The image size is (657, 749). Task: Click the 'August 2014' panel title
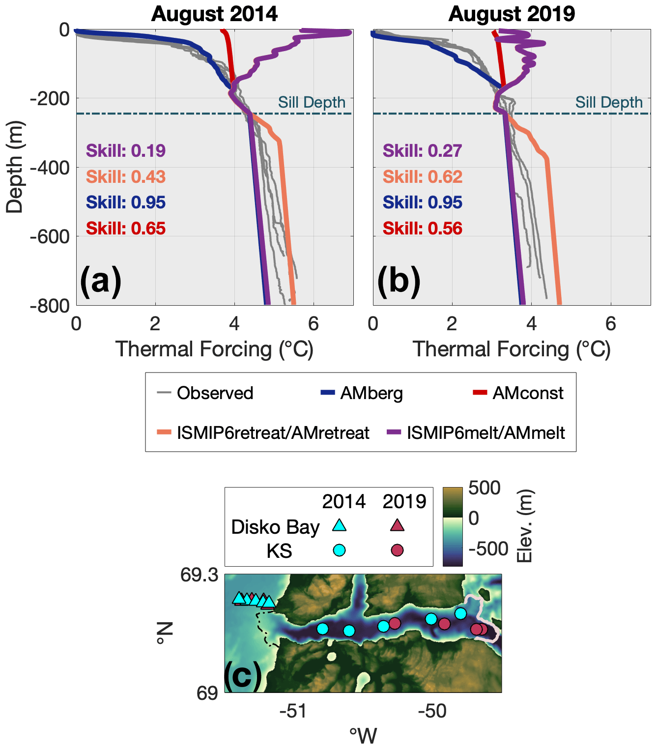click(214, 14)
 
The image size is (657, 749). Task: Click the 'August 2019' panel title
click(512, 14)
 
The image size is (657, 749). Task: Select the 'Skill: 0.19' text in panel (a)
click(126, 151)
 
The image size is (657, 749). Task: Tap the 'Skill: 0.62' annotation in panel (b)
click(423, 176)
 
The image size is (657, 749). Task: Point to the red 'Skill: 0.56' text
click(423, 229)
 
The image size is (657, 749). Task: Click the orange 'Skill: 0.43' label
click(126, 176)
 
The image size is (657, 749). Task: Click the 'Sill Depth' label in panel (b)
click(609, 102)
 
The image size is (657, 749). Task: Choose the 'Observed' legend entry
click(215, 393)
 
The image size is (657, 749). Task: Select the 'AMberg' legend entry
click(371, 393)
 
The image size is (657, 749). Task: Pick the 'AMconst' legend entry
click(528, 393)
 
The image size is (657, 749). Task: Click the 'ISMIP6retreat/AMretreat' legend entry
click(273, 432)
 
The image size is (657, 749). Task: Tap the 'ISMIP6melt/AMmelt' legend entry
click(486, 432)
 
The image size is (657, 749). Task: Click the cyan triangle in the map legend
click(339, 525)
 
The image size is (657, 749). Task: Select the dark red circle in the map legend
click(397, 550)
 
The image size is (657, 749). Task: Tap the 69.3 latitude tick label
click(199, 575)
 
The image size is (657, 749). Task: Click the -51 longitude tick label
click(293, 711)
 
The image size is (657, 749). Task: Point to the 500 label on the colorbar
click(484, 488)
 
